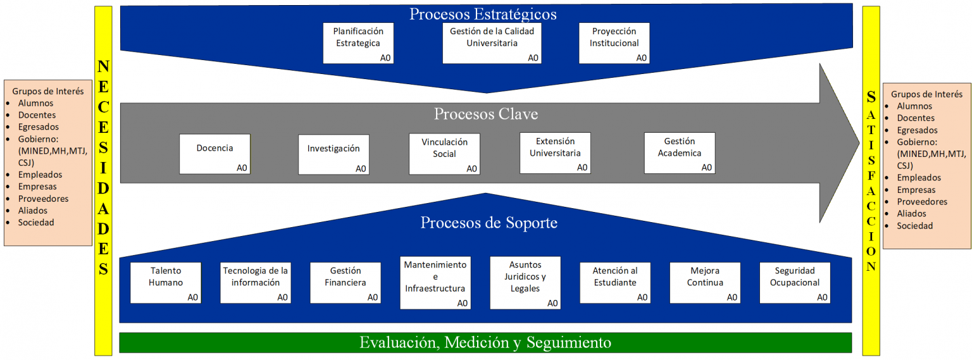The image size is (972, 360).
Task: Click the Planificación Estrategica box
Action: [358, 43]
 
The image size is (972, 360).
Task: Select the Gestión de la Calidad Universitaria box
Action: [492, 43]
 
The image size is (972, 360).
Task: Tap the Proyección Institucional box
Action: [614, 43]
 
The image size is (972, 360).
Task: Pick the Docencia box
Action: [215, 154]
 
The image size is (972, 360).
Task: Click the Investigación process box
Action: [333, 154]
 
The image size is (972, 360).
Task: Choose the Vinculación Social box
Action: [444, 154]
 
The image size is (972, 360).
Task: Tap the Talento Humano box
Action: [166, 283]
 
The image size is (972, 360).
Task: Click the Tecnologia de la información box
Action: [256, 283]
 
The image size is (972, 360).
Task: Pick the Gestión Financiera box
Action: [346, 283]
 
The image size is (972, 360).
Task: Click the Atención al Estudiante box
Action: [615, 283]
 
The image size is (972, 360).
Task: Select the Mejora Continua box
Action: [705, 283]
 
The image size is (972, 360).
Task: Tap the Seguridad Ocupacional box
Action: [795, 283]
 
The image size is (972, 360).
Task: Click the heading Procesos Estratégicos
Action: [483, 14]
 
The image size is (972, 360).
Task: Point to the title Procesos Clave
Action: [485, 114]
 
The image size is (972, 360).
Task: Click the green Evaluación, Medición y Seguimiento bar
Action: [485, 342]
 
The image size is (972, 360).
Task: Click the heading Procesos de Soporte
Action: [489, 223]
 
